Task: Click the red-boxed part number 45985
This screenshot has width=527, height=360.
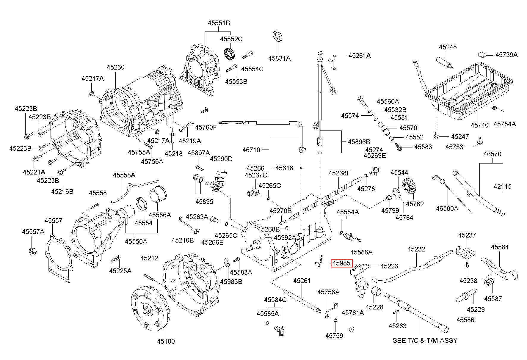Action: pyautogui.click(x=342, y=263)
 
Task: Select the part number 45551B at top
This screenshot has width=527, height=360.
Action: pyautogui.click(x=219, y=23)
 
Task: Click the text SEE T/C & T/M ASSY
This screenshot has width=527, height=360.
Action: pyautogui.click(x=425, y=340)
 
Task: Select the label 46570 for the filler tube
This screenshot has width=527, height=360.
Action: pyautogui.click(x=492, y=154)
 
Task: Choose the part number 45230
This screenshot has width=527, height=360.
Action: pyautogui.click(x=116, y=67)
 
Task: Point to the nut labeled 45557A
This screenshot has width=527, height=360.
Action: pyautogui.click(x=32, y=251)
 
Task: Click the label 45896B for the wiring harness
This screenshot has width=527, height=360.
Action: pyautogui.click(x=359, y=142)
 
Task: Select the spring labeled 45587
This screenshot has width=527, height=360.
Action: pyautogui.click(x=489, y=282)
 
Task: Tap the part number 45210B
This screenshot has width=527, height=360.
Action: pyautogui.click(x=183, y=240)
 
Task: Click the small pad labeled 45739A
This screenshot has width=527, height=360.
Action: pyautogui.click(x=481, y=54)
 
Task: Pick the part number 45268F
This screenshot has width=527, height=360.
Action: pyautogui.click(x=339, y=173)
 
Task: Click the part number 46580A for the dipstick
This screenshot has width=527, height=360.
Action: pyautogui.click(x=447, y=208)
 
